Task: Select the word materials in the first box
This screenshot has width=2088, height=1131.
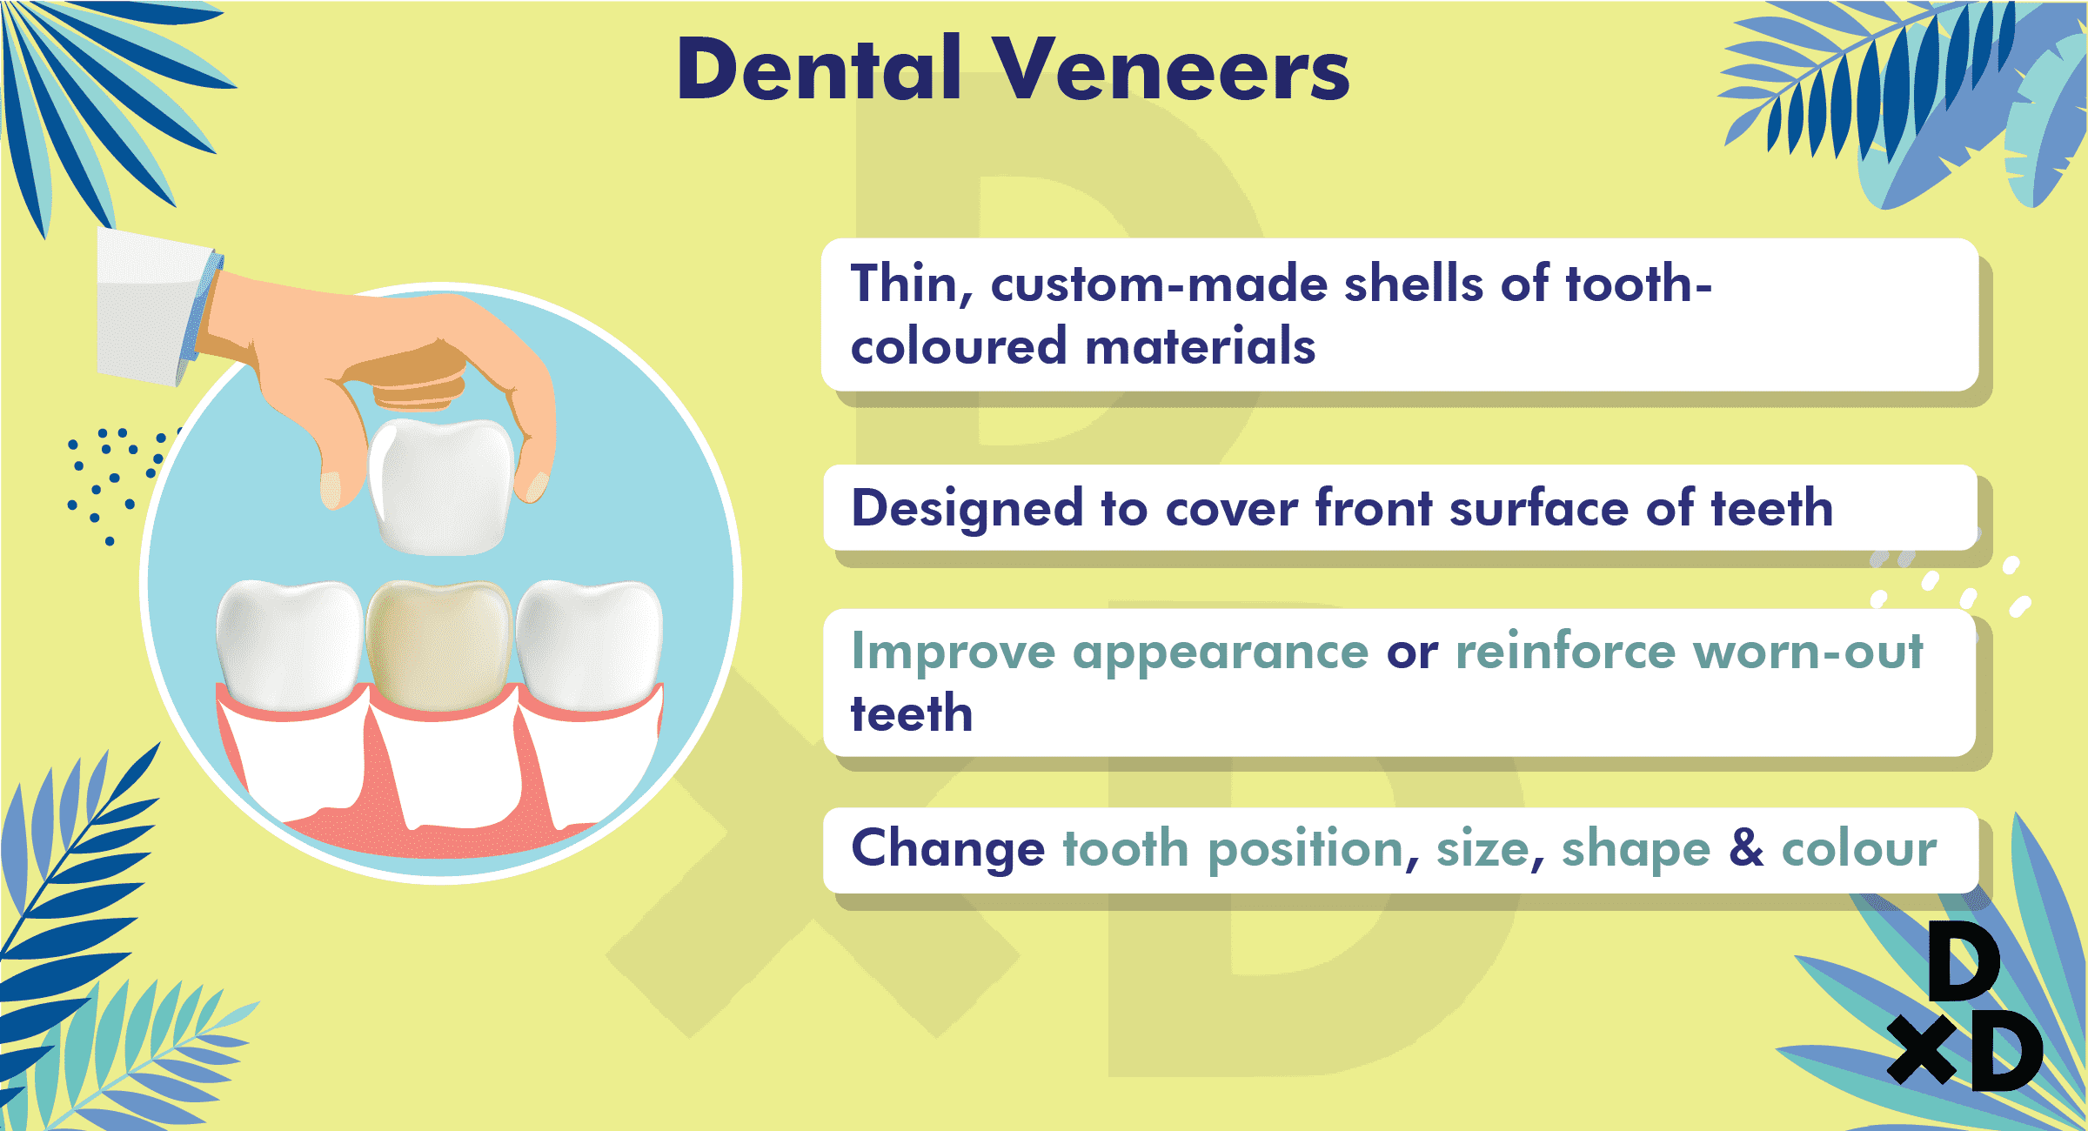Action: click(1201, 346)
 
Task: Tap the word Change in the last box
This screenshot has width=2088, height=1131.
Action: click(948, 849)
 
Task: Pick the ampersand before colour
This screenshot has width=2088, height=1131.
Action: click(1746, 847)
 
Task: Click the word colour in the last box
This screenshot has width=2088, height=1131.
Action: click(1860, 848)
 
